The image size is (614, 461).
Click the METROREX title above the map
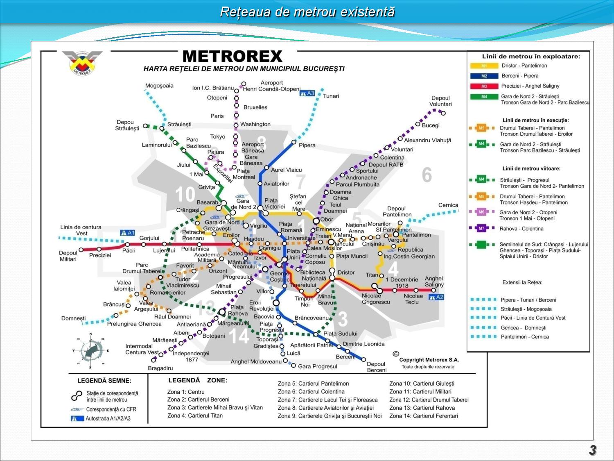tap(232, 56)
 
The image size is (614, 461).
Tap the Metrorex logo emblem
tap(82, 62)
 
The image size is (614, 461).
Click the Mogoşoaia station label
tap(159, 86)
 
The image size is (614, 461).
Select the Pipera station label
tap(307, 145)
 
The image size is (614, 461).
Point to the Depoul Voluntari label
tap(440, 101)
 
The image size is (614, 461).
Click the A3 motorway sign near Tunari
tap(307, 93)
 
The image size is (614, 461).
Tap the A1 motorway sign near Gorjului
tap(127, 233)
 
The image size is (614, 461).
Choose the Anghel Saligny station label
tap(434, 281)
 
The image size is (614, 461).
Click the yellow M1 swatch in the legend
tap(484, 66)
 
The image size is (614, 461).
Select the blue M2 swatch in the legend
tap(484, 76)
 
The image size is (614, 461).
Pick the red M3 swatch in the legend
tap(484, 86)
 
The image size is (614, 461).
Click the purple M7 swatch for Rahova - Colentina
tap(481, 228)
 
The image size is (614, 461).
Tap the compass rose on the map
tap(90, 350)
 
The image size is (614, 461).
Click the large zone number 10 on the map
tap(185, 194)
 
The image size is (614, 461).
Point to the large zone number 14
tap(239, 336)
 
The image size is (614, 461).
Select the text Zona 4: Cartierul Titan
tap(195, 416)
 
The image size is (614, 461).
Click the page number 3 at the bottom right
tap(592, 450)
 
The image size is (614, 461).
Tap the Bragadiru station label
tap(160, 368)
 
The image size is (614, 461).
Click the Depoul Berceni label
tap(376, 367)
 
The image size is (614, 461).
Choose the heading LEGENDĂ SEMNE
tap(104, 381)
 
